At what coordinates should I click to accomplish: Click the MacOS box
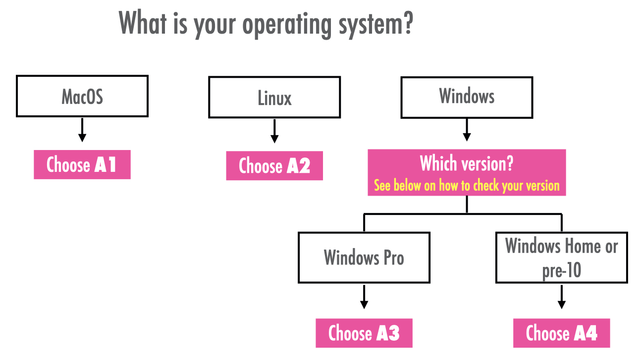(82, 96)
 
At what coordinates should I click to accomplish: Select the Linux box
(274, 97)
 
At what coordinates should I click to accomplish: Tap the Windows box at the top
(467, 97)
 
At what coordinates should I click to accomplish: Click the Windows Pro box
(364, 257)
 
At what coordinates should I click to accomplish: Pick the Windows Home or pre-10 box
(561, 257)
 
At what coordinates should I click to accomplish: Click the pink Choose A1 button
(82, 164)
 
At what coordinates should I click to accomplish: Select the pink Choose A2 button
(274, 165)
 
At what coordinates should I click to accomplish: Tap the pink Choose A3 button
(364, 333)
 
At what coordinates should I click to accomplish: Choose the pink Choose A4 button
(561, 333)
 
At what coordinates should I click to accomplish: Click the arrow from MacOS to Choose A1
(82, 130)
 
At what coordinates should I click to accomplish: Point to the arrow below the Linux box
(274, 131)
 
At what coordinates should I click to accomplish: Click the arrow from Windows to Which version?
(467, 130)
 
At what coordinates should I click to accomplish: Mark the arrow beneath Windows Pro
(364, 297)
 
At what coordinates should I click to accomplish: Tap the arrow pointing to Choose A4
(561, 297)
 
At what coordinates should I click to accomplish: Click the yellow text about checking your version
(467, 186)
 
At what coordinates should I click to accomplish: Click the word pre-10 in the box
(561, 270)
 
